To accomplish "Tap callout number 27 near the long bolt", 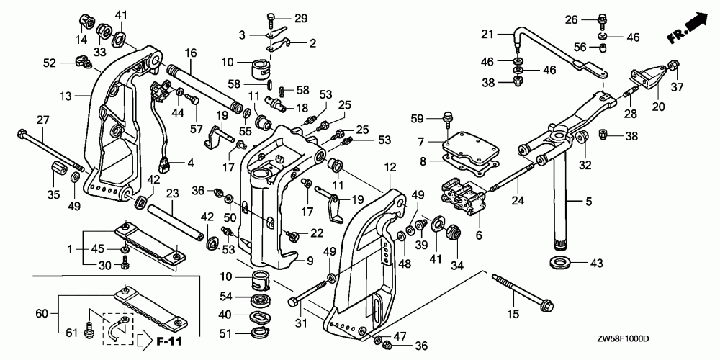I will click(x=42, y=120).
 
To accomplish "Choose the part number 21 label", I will click(x=488, y=33).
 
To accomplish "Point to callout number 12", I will click(x=390, y=167).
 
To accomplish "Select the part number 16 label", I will click(x=190, y=53).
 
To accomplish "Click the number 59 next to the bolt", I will click(x=417, y=117).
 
